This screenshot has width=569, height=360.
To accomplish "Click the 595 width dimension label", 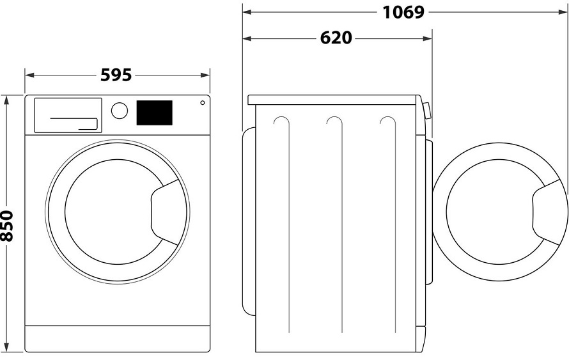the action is pos(116,75).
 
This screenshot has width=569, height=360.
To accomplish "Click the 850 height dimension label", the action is pos(7,226).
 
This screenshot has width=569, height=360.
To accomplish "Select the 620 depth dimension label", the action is pos(336,38).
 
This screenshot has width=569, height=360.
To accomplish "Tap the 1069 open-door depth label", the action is pos(403,12).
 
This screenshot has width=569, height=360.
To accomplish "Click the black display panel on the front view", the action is pos(154,113).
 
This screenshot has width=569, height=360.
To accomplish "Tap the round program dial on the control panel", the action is pos(120,111).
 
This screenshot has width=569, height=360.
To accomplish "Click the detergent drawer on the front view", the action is pos(68,115).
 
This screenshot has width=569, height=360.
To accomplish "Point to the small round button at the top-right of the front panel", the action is pos(203,103).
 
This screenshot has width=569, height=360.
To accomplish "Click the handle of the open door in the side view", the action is pos(549,212).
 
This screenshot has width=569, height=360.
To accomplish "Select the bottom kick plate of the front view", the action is pos(118,339).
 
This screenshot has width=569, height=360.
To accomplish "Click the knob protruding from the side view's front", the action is pos(427,111).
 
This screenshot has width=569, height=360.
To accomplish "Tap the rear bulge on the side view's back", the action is pos(249,221).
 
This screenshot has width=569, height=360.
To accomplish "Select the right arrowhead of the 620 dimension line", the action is pos(428,38).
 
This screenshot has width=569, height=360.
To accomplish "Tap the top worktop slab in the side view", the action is pos(333,100).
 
